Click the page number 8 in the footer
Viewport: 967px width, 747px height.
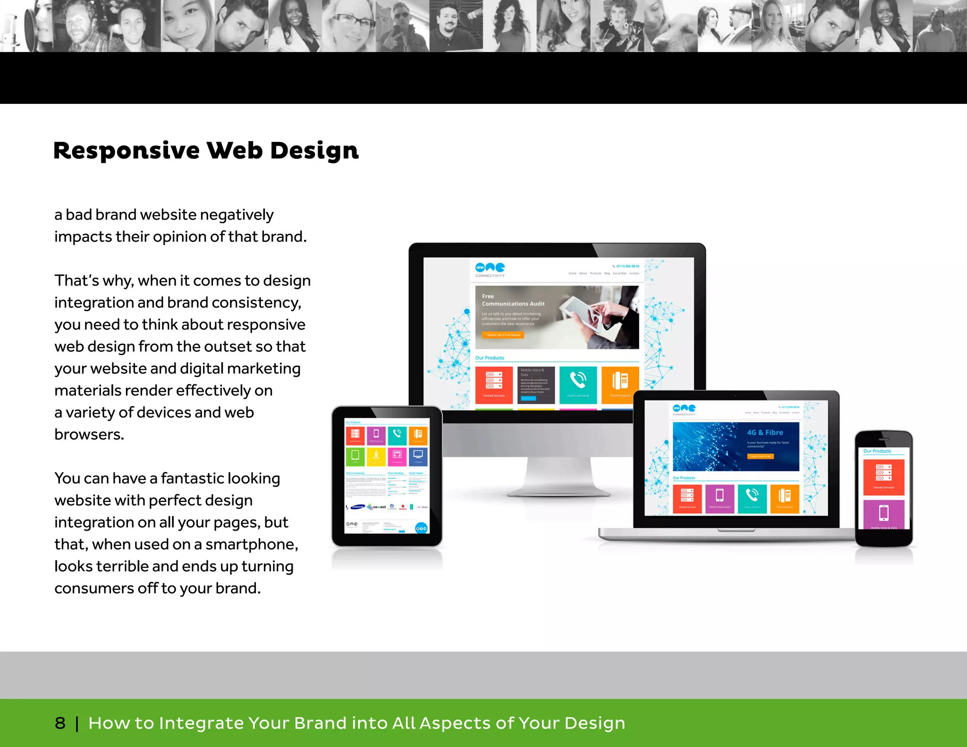[x=60, y=723]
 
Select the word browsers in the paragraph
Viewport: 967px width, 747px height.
[x=89, y=434]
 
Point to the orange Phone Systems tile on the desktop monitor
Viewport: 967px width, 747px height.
[x=620, y=384]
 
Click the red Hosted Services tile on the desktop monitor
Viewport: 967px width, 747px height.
[x=494, y=384]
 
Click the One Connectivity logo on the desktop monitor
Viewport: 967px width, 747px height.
[x=490, y=269]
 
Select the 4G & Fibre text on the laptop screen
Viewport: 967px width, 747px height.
[x=765, y=433]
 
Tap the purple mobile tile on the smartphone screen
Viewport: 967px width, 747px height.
[x=883, y=514]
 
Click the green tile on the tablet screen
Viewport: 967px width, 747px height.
[x=355, y=456]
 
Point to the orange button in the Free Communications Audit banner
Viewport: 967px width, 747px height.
[x=503, y=335]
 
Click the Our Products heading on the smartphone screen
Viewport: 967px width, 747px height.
[x=877, y=451]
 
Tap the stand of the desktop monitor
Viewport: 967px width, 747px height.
[x=559, y=475]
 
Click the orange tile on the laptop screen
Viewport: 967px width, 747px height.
[x=785, y=498]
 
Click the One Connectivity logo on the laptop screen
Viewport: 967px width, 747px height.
[x=684, y=409]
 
